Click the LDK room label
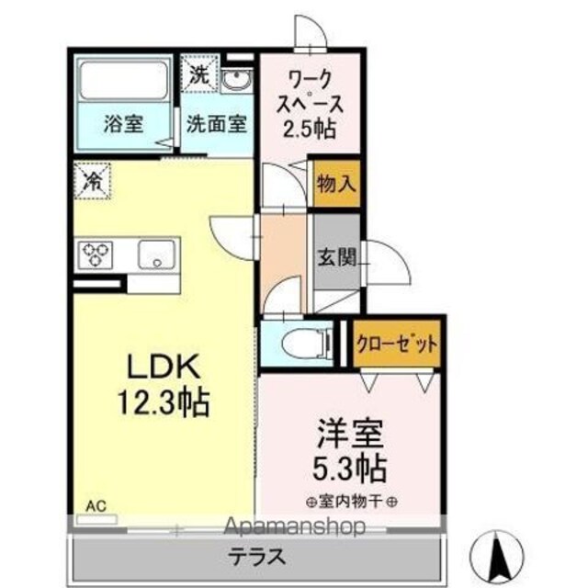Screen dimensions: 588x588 pos(164,367)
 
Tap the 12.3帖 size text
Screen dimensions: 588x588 pos(164,402)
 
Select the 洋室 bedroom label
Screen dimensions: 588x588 pos(350,434)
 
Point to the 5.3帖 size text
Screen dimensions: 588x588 pos(350,468)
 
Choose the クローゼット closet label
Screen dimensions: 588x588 pos(397,343)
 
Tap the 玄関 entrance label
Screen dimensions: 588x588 pos(336,257)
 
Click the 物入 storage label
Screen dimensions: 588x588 pos(335,184)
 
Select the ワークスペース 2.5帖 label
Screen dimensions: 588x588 pos(310,104)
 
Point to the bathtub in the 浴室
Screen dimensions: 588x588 pos(124,80)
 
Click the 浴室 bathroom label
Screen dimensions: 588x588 pos(124,124)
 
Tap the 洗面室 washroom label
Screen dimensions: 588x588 pos(217,124)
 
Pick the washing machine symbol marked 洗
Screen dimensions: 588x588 pos(199,73)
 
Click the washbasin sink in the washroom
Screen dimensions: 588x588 pos(236,80)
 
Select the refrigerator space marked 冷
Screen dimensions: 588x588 pos(92,180)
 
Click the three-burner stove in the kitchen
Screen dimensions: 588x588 pos(96,254)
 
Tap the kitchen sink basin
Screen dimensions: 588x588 pos(156,254)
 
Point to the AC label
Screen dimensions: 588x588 pos(96,506)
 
